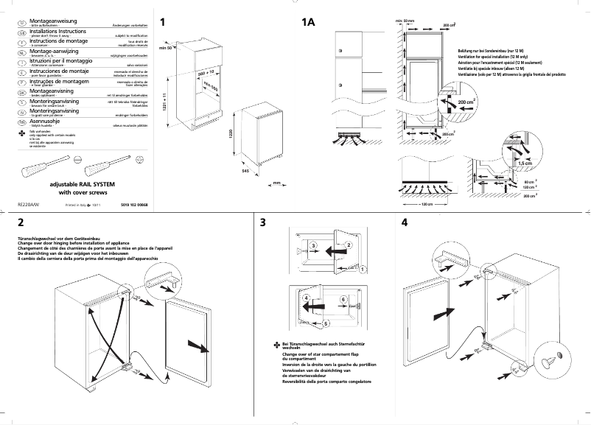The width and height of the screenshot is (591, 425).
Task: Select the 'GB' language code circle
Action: (21, 34)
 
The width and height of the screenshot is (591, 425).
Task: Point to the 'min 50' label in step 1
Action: (164, 48)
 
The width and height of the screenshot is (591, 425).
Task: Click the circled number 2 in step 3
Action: (349, 244)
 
